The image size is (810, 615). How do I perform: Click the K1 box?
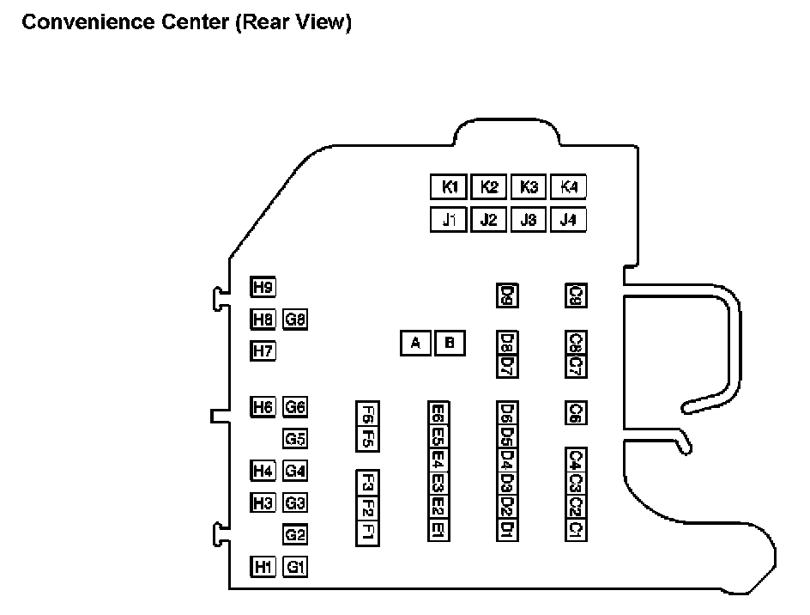pos(449,187)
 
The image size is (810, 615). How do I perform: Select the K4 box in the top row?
pos(568,187)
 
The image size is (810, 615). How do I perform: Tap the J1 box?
pos(449,220)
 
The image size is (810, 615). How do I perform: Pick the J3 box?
pos(529,220)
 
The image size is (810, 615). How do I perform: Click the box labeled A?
pos(416,344)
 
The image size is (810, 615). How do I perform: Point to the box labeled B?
pos(450,344)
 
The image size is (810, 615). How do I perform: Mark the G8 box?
pos(295,320)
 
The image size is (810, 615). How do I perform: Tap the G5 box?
pos(295,439)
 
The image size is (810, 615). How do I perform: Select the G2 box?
pos(295,535)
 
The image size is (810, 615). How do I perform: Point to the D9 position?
pos(506,295)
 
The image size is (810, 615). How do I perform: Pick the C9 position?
pos(576,295)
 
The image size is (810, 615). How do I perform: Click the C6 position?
pos(576,413)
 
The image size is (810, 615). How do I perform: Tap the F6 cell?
pos(367,414)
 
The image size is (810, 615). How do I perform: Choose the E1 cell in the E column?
pos(438,530)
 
